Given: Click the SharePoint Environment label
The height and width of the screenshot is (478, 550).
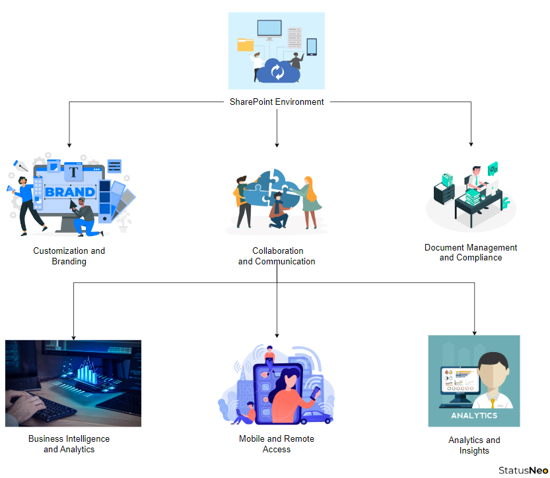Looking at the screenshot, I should click(277, 102).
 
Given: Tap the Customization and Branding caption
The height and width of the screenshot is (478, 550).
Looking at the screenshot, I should click(69, 256).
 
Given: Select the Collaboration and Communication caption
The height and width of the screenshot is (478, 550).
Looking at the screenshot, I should click(277, 256).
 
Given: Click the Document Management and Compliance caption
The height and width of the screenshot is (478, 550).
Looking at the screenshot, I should click(471, 253).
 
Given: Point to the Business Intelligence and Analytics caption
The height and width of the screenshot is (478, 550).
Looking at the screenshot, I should click(69, 444).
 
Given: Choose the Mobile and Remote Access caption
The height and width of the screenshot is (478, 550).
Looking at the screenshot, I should click(277, 444).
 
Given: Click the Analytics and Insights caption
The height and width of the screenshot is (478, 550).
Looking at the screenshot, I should click(474, 445).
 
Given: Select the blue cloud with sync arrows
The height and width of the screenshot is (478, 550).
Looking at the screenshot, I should click(277, 71).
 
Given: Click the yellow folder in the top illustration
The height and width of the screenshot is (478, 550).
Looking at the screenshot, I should click(245, 44).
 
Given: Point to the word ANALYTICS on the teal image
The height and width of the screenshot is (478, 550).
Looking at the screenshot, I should click(474, 416).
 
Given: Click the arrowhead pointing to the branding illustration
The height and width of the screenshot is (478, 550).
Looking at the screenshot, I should click(69, 144).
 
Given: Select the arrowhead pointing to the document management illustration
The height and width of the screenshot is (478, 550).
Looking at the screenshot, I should click(471, 143).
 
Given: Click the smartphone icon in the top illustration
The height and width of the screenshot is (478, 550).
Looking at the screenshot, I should click(312, 46).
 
